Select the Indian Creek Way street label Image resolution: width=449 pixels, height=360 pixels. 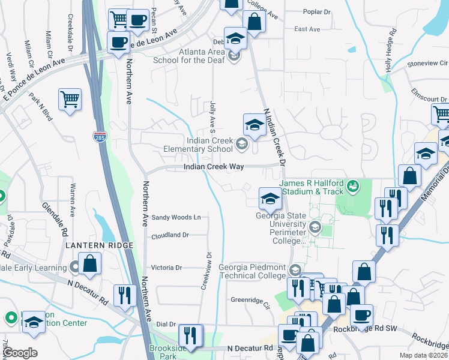coord(213,167)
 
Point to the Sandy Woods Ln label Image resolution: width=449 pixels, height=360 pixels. coord(175,217)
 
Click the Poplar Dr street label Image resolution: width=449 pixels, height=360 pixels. coord(317,12)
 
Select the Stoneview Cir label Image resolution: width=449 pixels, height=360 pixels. coord(427,62)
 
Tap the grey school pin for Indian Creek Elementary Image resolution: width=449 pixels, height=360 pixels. coord(241,143)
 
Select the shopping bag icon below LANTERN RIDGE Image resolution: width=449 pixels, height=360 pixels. coord(89,263)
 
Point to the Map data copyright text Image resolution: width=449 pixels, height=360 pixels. coord(424,355)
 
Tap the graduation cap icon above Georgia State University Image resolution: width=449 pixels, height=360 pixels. coord(270,198)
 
